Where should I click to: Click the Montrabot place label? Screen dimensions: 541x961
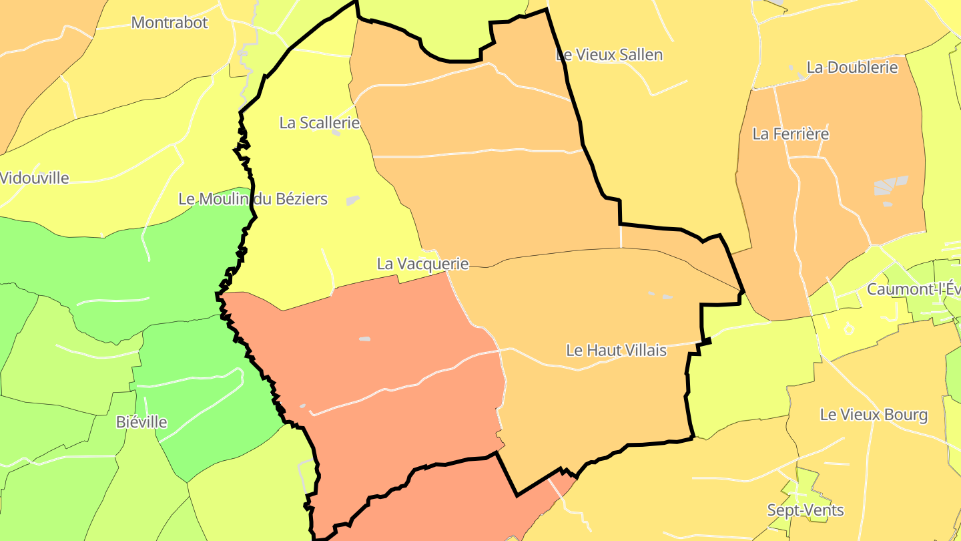coord(170,23)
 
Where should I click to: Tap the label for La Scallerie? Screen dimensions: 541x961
coord(319,123)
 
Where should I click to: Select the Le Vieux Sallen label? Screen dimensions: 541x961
coord(609,55)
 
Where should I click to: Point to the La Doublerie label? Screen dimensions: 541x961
coord(852,67)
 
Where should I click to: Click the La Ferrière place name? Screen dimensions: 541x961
coord(790,134)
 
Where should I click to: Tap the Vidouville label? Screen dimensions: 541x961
coord(35,178)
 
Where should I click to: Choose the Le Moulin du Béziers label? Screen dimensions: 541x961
coord(253,199)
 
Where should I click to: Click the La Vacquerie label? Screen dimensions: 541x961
coord(422,264)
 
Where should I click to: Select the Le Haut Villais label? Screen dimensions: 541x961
coord(616,350)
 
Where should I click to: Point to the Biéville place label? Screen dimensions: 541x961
coord(141,422)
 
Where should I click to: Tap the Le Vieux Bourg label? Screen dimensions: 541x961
coord(874,415)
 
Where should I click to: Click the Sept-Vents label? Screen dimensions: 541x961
coord(806,511)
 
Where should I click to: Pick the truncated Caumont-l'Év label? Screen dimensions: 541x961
coord(913,290)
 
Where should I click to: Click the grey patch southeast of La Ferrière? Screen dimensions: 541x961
coord(892,186)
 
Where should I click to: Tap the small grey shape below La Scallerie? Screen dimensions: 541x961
coord(336,133)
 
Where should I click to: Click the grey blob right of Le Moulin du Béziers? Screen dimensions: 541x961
coord(352,200)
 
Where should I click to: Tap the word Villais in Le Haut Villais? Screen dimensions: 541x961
coord(643,350)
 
